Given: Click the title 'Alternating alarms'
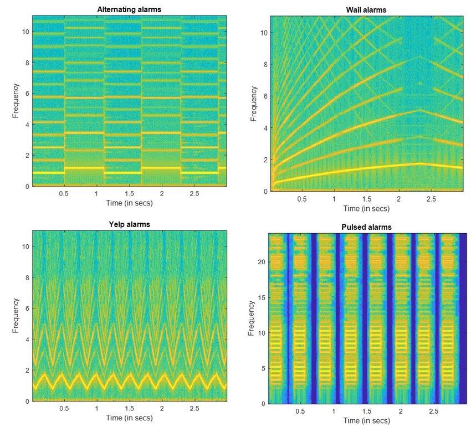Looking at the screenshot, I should pyautogui.click(x=130, y=9).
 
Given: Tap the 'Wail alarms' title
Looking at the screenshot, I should pyautogui.click(x=366, y=9).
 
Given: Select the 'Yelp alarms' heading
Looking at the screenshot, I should pyautogui.click(x=130, y=224).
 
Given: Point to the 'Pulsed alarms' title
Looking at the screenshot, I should pyautogui.click(x=366, y=227).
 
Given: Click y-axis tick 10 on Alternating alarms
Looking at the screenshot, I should pyautogui.click(x=25, y=32).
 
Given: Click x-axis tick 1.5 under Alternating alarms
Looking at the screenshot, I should pyautogui.click(x=130, y=194).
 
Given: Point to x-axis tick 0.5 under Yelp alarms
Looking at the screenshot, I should pyautogui.click(x=64, y=408).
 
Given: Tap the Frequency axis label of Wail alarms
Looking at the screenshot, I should pyautogui.click(x=253, y=104).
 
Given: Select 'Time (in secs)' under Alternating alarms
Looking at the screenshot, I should pyautogui.click(x=130, y=203).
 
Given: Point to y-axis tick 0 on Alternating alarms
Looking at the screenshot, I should pyautogui.click(x=25, y=187).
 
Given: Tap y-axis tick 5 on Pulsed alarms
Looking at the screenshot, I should pyautogui.click(x=262, y=368).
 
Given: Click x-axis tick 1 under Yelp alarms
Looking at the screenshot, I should pyautogui.click(x=97, y=408).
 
